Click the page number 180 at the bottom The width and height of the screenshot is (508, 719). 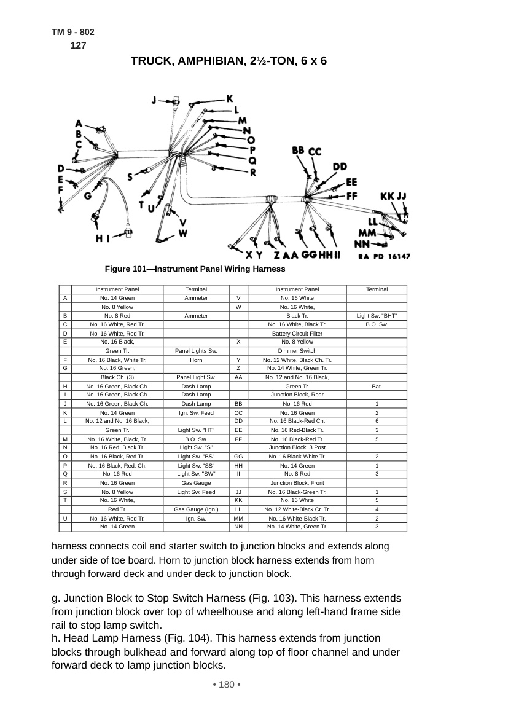coord(227,685)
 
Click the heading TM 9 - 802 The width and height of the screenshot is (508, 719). coord(73,32)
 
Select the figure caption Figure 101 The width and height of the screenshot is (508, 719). coord(195,269)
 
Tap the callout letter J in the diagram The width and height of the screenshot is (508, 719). coord(155,100)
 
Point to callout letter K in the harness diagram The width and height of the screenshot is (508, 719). coord(230,98)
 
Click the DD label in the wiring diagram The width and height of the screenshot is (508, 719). coord(340,167)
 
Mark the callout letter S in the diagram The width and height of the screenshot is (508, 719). coord(130,176)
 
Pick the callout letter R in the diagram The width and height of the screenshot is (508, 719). coord(253,173)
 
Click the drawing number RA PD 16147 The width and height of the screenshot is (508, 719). coord(384,257)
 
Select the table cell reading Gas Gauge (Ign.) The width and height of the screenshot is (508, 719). coord(196,509)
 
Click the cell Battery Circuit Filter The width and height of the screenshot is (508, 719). coord(297,334)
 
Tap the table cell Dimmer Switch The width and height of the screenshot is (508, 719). coord(297,351)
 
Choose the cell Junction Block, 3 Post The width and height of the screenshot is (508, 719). coord(297,447)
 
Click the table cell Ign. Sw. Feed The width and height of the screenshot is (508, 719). coord(196,413)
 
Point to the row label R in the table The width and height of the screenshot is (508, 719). coord(65,483)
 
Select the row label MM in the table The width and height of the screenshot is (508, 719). coord(238,519)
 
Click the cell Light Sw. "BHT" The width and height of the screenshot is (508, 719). coord(377,316)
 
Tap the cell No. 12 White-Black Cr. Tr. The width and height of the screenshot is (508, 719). coord(297,509)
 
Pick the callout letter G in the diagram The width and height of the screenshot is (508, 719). coord(88,196)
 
